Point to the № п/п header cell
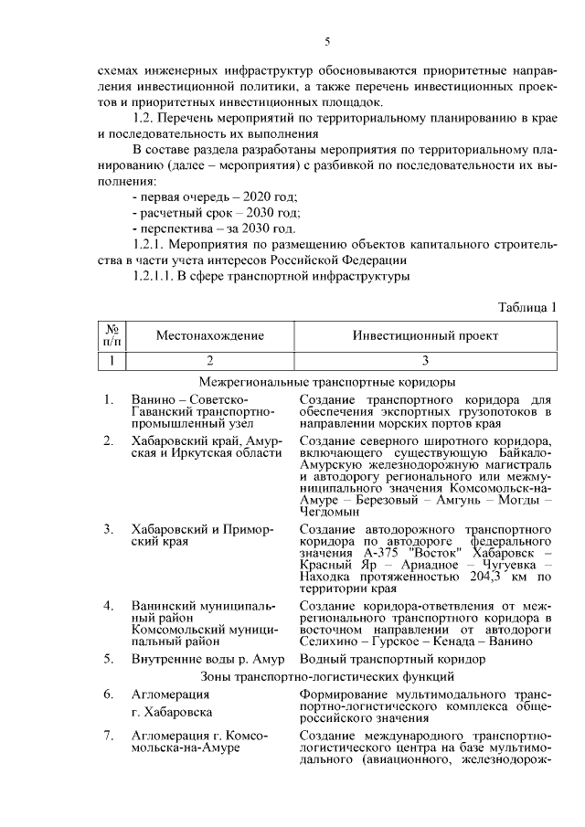[112, 335]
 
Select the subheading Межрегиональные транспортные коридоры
[326, 382]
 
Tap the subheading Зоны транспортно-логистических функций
[326, 676]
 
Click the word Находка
[327, 578]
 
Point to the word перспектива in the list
[174, 228]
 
